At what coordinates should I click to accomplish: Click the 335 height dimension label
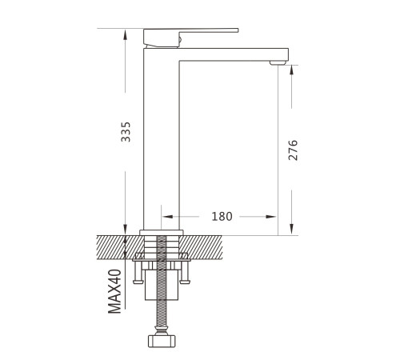[126, 132]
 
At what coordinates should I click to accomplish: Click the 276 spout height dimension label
[293, 150]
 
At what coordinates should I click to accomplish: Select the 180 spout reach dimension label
[222, 216]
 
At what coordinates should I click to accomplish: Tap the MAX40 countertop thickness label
[114, 291]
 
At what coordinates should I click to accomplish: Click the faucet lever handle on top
[190, 38]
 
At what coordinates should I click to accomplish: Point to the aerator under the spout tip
[278, 63]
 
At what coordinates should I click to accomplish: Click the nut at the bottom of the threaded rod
[162, 341]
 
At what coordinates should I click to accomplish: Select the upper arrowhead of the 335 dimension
[126, 34]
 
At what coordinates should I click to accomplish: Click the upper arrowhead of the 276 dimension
[291, 70]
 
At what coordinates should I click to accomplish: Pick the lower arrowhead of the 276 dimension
[291, 230]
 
